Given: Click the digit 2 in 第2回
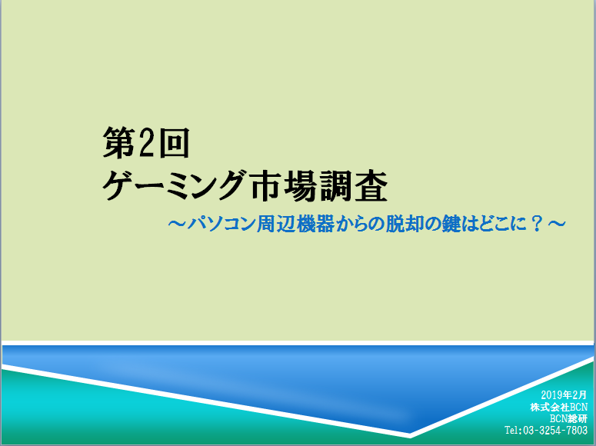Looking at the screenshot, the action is pyautogui.click(x=145, y=142).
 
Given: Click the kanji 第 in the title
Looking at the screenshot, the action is pyautogui.click(x=118, y=142).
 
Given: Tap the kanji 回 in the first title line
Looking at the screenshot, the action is pyautogui.click(x=174, y=142).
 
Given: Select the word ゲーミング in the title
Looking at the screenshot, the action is pyautogui.click(x=173, y=185).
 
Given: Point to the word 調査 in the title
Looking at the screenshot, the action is pyautogui.click(x=354, y=185).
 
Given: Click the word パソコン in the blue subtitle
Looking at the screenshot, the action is pyautogui.click(x=221, y=224).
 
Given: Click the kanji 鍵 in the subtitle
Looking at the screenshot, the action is pyautogui.click(x=451, y=224).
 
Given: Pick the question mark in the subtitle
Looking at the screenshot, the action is pyautogui.click(x=537, y=224).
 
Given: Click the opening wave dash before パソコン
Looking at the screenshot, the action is pyautogui.click(x=177, y=223).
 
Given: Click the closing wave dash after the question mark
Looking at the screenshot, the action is pyautogui.click(x=557, y=223).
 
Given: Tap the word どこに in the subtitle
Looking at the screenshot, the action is pyautogui.click(x=502, y=224).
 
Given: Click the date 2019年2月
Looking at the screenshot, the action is pyautogui.click(x=564, y=395).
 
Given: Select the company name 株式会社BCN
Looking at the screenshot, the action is pyautogui.click(x=559, y=407).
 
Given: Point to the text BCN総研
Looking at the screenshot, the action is pyautogui.click(x=568, y=418).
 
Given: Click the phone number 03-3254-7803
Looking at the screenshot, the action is pyautogui.click(x=555, y=431).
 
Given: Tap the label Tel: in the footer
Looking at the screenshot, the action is pyautogui.click(x=514, y=431).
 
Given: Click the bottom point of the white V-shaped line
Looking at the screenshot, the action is pyautogui.click(x=410, y=435).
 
